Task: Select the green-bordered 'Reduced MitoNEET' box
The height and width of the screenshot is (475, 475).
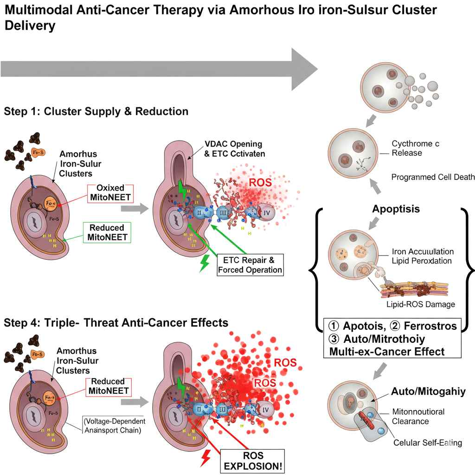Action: click(x=107, y=233)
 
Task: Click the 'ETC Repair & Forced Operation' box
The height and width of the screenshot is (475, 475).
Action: click(x=250, y=264)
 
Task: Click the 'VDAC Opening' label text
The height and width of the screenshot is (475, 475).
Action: click(x=233, y=144)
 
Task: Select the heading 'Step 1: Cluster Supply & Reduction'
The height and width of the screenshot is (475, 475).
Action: click(x=96, y=111)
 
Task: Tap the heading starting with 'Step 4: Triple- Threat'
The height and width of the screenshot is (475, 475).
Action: click(x=116, y=322)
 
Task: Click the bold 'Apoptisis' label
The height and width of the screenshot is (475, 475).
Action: click(x=396, y=209)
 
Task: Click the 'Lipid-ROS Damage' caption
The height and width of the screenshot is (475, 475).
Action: click(x=420, y=304)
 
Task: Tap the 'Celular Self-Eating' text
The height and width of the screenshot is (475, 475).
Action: click(x=427, y=443)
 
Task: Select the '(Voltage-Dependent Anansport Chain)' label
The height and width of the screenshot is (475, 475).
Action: click(x=113, y=425)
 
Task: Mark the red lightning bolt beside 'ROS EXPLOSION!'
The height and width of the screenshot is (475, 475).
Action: click(x=204, y=458)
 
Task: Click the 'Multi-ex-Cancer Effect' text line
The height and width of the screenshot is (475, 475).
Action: click(x=386, y=351)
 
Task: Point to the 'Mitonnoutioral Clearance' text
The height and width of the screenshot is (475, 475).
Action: click(x=418, y=416)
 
